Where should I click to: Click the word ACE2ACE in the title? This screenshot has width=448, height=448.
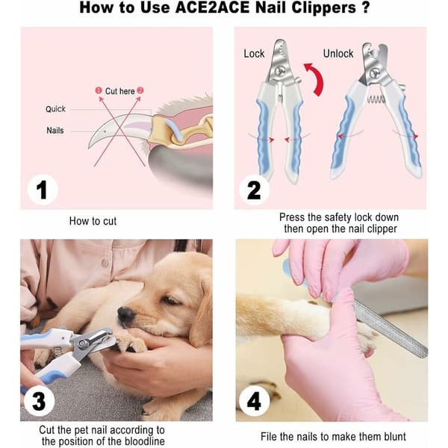212,7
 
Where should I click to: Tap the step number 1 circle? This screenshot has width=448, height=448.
43,190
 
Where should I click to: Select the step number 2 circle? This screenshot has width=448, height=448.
254,190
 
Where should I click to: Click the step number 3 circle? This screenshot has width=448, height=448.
39,401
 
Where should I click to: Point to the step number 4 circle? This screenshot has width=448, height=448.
254,401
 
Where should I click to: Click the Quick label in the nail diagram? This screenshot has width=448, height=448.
55,109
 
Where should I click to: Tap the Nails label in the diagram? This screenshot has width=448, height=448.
55,131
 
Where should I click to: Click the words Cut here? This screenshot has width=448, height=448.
119,91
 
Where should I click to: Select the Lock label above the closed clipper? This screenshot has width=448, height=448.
254,54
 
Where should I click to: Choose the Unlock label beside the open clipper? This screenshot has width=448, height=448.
338,54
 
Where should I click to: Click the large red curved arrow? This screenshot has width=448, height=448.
318,78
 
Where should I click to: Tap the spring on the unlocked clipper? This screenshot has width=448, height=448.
376,99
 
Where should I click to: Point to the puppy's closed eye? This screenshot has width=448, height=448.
170,300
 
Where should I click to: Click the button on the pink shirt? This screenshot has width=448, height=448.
105,263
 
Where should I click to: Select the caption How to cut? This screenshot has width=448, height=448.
93,221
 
